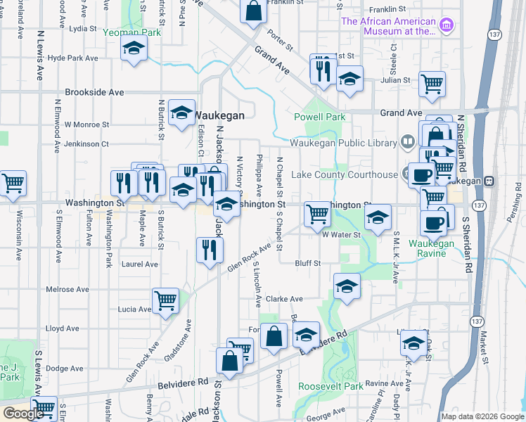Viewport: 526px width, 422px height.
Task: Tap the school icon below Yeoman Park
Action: [132, 49]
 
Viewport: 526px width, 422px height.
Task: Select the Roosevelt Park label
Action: [331, 386]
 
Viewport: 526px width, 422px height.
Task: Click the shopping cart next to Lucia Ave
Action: [165, 300]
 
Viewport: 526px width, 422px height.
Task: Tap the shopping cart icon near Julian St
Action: [432, 84]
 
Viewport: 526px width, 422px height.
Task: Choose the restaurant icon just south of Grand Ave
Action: [323, 69]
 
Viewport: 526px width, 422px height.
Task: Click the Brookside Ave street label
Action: [94, 92]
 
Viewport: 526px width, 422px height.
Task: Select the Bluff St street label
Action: [307, 263]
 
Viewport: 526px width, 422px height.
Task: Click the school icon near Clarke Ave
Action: [346, 286]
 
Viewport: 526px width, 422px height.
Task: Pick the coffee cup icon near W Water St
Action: [433, 223]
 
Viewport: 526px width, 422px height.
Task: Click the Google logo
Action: [23, 414]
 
